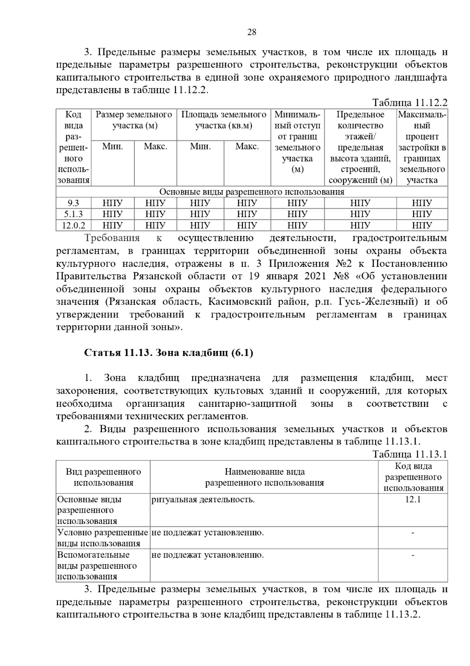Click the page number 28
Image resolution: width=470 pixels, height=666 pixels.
pyautogui.click(x=252, y=32)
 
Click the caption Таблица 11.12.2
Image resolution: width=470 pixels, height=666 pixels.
pyautogui.click(x=410, y=103)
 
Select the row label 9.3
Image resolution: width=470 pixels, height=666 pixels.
pyautogui.click(x=73, y=203)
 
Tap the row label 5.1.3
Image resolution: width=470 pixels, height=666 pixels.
pyautogui.click(x=73, y=214)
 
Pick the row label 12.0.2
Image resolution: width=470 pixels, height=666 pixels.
pyautogui.click(x=73, y=226)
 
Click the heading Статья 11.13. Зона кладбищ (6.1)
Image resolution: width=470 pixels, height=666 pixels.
pyautogui.click(x=169, y=353)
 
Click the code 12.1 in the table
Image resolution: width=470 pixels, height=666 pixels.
pyautogui.click(x=413, y=499)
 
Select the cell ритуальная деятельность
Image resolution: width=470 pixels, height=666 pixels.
pyautogui.click(x=203, y=499)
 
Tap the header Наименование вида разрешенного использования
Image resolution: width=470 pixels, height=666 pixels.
pyautogui.click(x=264, y=477)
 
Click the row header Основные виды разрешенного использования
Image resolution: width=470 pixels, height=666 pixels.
pyautogui.click(x=90, y=510)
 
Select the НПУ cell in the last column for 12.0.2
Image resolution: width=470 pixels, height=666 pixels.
pyautogui.click(x=422, y=226)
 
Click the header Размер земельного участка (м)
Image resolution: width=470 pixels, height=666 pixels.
pyautogui.click(x=134, y=120)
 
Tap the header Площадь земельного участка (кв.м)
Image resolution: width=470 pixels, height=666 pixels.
pyautogui.click(x=224, y=120)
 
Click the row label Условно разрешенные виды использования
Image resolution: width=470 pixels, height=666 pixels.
pyautogui.click(x=103, y=538)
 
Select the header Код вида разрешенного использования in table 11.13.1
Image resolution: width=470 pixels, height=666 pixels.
pyautogui.click(x=413, y=477)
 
